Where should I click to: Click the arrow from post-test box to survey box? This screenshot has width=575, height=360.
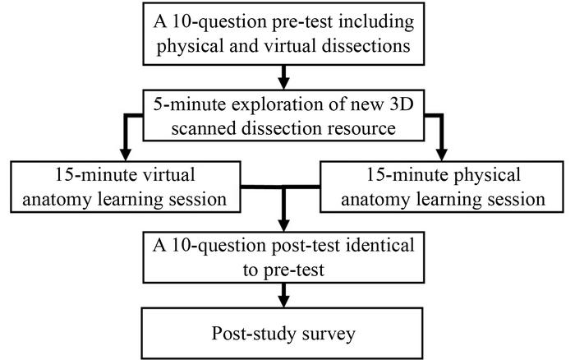click(x=284, y=294)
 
